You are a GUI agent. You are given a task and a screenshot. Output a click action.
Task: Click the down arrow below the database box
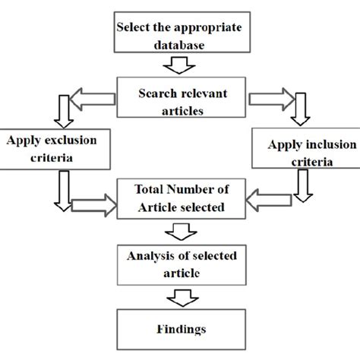tap(179, 67)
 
